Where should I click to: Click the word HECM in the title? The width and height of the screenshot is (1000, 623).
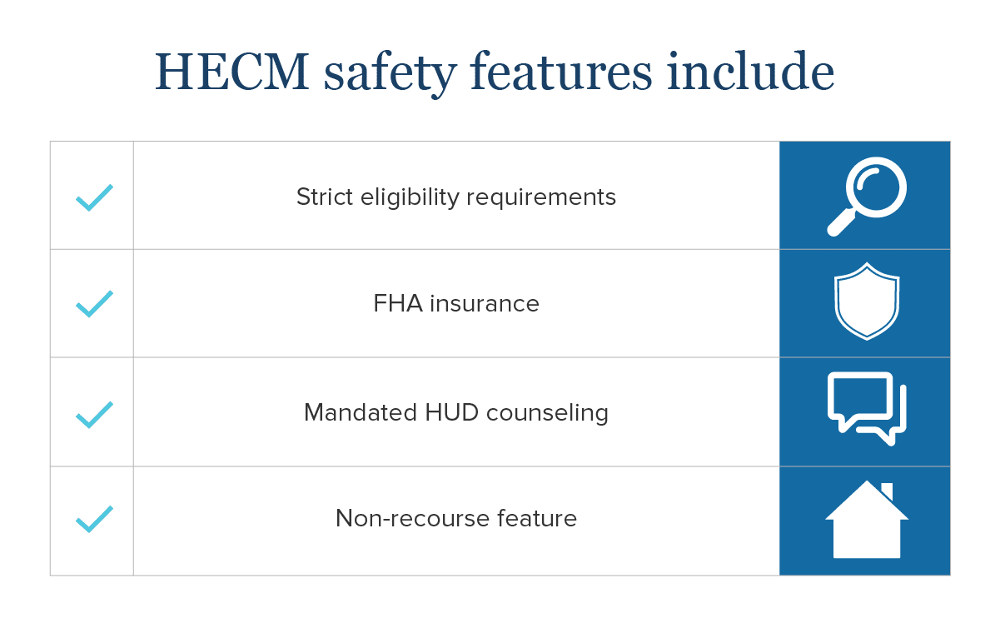click(x=231, y=72)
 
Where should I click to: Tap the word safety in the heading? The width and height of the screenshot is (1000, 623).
click(x=391, y=73)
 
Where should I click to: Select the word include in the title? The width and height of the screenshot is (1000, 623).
click(x=750, y=71)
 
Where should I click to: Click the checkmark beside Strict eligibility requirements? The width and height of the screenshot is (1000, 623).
click(x=94, y=197)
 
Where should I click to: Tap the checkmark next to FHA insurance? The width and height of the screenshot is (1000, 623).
click(x=94, y=304)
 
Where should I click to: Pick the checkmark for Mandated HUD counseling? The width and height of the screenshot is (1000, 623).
click(x=94, y=415)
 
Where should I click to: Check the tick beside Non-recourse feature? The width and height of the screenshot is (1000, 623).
click(x=94, y=519)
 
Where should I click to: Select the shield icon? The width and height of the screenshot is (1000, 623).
click(x=867, y=302)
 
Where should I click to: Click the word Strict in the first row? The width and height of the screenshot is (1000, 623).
click(x=325, y=197)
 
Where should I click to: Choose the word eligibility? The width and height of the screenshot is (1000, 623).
click(x=410, y=198)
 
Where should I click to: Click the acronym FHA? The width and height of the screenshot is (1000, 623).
click(x=398, y=303)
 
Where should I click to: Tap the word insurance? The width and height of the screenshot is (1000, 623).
click(x=485, y=304)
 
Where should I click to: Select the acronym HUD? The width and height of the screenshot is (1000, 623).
click(x=451, y=412)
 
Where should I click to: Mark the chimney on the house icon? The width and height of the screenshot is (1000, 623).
click(x=887, y=491)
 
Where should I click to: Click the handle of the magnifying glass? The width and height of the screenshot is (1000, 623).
click(x=841, y=223)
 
